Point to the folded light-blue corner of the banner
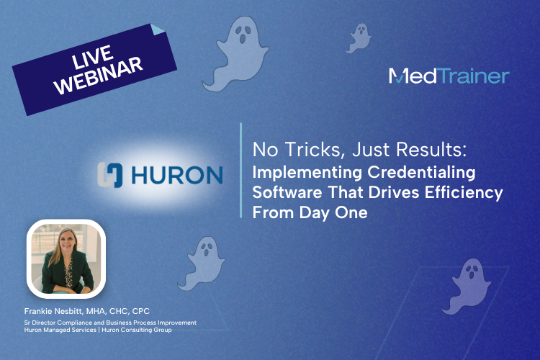(157, 28)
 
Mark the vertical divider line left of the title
(240, 170)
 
